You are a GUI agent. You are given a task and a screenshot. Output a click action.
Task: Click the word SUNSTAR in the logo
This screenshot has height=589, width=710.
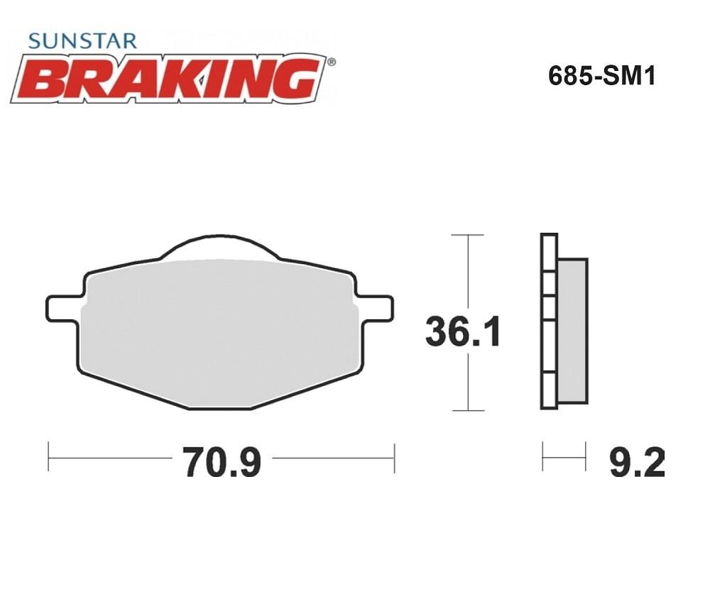click(x=82, y=40)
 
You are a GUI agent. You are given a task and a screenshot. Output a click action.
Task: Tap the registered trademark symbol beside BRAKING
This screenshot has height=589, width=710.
click(x=332, y=62)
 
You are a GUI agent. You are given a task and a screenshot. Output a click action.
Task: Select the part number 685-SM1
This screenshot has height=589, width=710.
click(x=602, y=76)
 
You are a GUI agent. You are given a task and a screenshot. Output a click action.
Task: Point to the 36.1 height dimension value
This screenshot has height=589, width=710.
click(x=463, y=332)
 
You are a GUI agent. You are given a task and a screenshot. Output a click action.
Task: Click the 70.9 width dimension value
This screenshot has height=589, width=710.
click(x=222, y=462)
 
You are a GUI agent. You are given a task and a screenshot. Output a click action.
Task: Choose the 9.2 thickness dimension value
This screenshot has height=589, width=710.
click(x=637, y=462)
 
